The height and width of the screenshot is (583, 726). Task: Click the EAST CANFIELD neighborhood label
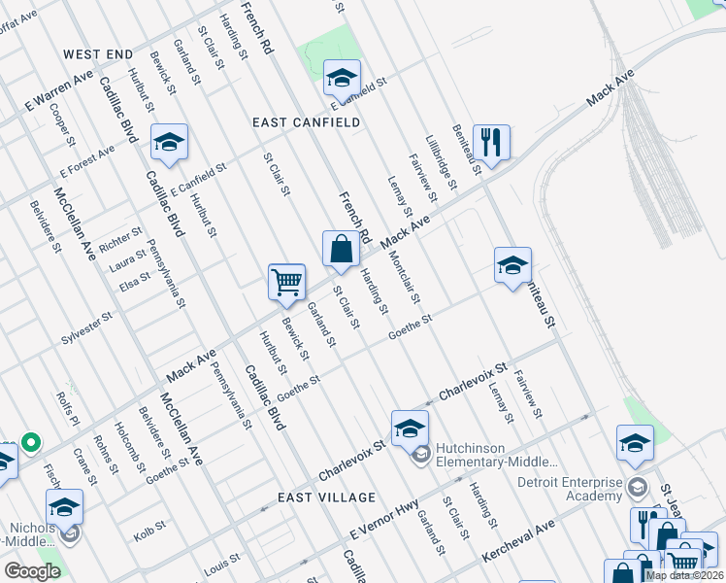tap(306, 122)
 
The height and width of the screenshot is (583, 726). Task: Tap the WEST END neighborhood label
tap(98, 52)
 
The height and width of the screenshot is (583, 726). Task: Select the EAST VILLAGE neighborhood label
tap(326, 497)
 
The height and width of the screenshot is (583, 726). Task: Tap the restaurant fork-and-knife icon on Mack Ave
tap(492, 142)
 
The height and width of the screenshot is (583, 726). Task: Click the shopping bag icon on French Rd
tap(342, 248)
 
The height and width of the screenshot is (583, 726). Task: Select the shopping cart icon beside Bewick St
tap(287, 282)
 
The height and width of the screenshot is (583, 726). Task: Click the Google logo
tap(32, 571)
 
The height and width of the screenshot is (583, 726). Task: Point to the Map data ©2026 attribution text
tap(684, 575)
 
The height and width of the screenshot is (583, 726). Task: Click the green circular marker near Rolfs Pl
tap(30, 443)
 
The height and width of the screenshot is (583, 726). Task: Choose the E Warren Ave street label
tap(59, 88)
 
